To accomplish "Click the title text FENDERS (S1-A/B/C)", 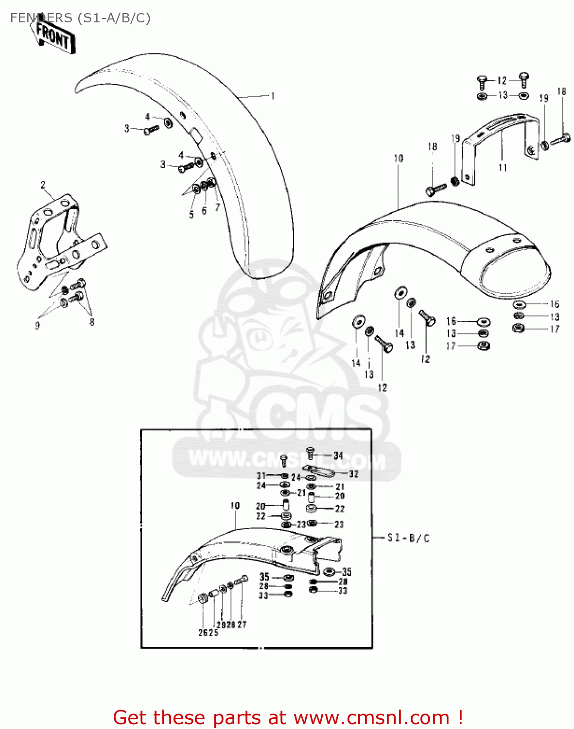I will pyautogui.click(x=80, y=18).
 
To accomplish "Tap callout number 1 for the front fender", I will pyautogui.click(x=273, y=96).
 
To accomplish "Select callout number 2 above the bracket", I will pyautogui.click(x=43, y=185).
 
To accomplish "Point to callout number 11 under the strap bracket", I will pyautogui.click(x=503, y=168).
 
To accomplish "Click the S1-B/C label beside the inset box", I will pyautogui.click(x=408, y=538).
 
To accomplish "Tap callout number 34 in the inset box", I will pyautogui.click(x=338, y=455).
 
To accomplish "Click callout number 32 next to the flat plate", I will pyautogui.click(x=353, y=474).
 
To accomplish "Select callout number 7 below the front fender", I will pyautogui.click(x=217, y=207).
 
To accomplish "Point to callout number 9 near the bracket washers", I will pyautogui.click(x=37, y=326).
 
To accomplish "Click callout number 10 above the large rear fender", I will pyautogui.click(x=399, y=158).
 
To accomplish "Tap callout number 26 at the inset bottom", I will pyautogui.click(x=203, y=632).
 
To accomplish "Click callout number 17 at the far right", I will pyautogui.click(x=555, y=329).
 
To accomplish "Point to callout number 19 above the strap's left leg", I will pyautogui.click(x=455, y=139).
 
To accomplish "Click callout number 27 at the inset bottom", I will pyautogui.click(x=242, y=625).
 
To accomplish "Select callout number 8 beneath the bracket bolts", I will pyautogui.click(x=92, y=322).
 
